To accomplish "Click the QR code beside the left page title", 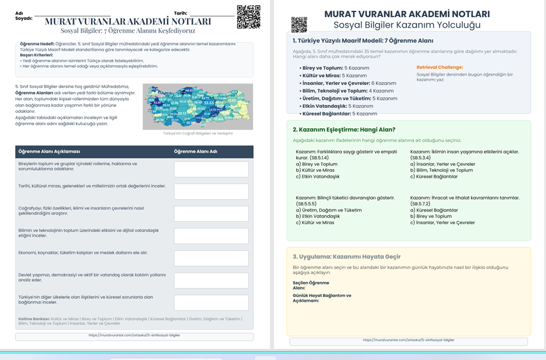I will (x=248, y=17).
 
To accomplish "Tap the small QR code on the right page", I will (x=299, y=25).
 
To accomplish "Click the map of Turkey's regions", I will (x=198, y=107).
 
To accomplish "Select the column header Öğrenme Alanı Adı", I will (x=195, y=152).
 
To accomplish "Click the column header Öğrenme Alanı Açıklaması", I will (x=50, y=152).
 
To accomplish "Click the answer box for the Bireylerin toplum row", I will (x=211, y=169).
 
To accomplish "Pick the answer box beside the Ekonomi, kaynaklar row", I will (x=211, y=258).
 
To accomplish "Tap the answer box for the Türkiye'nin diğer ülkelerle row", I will (x=211, y=303).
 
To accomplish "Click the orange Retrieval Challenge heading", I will (x=439, y=68).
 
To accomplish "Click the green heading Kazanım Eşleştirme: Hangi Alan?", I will (x=344, y=129).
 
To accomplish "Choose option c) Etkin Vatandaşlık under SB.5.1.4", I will (x=317, y=176).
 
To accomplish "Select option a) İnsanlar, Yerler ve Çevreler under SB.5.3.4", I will (x=441, y=164).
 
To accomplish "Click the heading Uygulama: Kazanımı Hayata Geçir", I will (x=346, y=257).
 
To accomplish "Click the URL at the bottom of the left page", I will (x=134, y=336).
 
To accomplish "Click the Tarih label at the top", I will (x=181, y=12).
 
